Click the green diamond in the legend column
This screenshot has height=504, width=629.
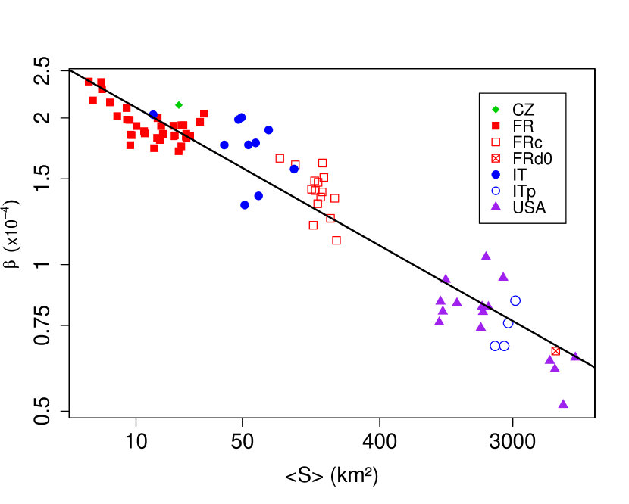[496, 110]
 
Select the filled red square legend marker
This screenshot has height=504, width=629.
[496, 126]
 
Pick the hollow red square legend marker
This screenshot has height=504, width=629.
[496, 142]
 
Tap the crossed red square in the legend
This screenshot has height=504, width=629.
[496, 158]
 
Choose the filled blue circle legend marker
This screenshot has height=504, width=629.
[496, 175]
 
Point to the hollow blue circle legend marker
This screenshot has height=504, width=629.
[496, 191]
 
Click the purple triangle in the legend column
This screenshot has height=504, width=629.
[496, 206]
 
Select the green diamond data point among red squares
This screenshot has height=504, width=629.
[179, 105]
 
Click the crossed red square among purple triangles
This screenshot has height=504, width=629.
[555, 351]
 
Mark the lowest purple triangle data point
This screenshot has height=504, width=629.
[563, 404]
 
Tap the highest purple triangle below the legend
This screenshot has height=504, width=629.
[486, 256]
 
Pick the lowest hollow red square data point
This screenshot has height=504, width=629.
[336, 241]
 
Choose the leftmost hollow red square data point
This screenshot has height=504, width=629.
[280, 158]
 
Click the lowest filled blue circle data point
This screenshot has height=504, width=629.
[245, 205]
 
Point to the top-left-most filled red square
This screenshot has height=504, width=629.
[89, 82]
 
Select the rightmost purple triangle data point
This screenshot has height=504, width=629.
[575, 356]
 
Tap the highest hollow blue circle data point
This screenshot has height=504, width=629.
[515, 300]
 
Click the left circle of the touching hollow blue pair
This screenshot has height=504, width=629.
[495, 346]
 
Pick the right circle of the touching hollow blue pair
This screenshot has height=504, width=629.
[505, 346]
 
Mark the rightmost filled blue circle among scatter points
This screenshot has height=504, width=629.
[294, 170]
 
